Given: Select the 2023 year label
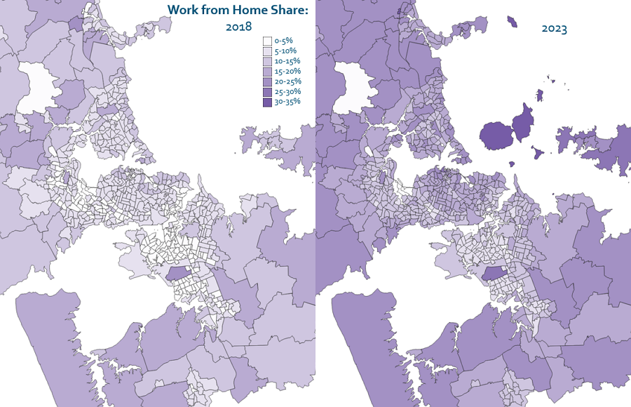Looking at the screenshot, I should (554, 29).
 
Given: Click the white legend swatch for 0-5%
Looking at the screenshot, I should (267, 41).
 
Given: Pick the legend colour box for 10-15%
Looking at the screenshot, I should (267, 61).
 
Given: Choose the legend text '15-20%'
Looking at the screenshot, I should (287, 71).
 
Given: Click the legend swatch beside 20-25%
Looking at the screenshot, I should (267, 81).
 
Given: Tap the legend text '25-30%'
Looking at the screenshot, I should (287, 91).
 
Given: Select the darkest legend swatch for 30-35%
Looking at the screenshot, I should (267, 101).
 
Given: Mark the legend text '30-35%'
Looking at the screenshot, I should (287, 101).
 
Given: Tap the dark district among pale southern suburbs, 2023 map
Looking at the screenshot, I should (496, 274).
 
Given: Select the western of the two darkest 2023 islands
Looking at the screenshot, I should (497, 134).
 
